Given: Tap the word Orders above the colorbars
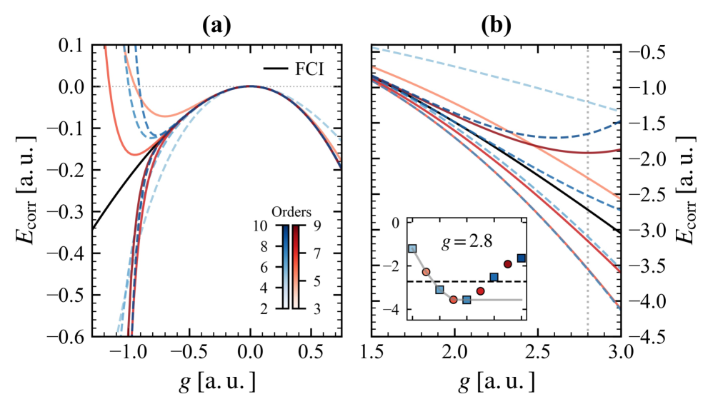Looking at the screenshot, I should pyautogui.click(x=289, y=212).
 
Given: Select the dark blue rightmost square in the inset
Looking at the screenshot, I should pyautogui.click(x=522, y=258).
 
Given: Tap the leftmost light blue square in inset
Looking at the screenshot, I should pyautogui.click(x=412, y=248).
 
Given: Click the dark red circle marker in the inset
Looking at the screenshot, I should pyautogui.click(x=508, y=264).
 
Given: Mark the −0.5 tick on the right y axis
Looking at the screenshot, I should pyautogui.click(x=646, y=51).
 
